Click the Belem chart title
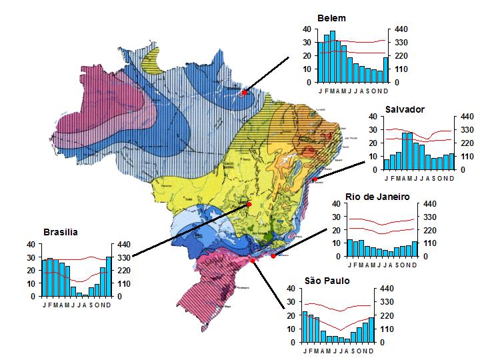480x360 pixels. (331, 18)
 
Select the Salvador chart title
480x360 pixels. (405, 109)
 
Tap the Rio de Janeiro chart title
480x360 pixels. (377, 197)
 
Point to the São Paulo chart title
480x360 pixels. (327, 281)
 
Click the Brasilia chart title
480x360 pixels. (61, 232)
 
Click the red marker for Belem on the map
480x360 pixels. (245, 93)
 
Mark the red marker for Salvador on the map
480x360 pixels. (315, 179)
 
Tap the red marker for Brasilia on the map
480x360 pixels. (249, 204)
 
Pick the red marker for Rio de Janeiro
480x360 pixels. (273, 256)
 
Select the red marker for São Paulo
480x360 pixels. (254, 262)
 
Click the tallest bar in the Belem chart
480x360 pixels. (332, 57)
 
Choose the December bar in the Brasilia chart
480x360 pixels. (109, 277)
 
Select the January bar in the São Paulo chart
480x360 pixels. (305, 327)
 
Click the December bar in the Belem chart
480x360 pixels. (385, 70)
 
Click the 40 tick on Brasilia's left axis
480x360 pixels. (31, 244)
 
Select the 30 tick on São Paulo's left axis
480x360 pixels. (291, 302)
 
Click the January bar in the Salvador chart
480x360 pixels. (387, 165)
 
